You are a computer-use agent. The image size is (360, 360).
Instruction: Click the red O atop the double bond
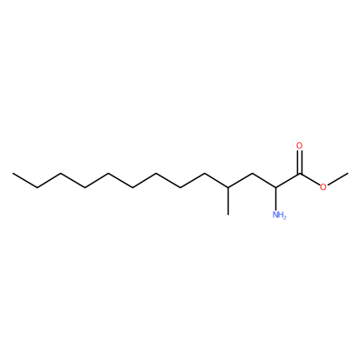[x=299, y=146]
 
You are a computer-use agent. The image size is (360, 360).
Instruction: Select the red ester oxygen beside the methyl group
[x=323, y=187]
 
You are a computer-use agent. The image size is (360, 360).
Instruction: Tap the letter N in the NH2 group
[x=275, y=215]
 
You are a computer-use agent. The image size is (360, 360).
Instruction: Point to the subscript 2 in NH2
[x=285, y=218]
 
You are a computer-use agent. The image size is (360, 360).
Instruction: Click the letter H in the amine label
[x=281, y=215]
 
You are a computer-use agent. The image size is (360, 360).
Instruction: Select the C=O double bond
[x=299, y=162]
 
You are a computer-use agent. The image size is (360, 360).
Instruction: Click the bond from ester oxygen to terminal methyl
[x=337, y=179]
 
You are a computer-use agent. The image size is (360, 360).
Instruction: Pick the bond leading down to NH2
[x=275, y=199]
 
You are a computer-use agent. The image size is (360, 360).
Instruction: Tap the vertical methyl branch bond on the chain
[x=228, y=202]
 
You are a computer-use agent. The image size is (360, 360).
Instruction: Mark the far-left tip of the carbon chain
[x=13, y=174]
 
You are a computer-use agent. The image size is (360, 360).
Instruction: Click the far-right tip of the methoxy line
[x=347, y=174]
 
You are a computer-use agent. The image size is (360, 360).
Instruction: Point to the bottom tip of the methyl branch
[x=228, y=215]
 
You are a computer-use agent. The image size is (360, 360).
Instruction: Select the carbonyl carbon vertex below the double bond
[x=299, y=174]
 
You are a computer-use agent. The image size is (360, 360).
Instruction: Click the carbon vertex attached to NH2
[x=275, y=187]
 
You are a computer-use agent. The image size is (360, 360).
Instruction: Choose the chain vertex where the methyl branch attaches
[x=228, y=187]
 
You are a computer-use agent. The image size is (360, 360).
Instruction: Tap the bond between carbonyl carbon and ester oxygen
[x=310, y=180]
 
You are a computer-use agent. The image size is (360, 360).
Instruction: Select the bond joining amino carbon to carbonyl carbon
[x=287, y=181]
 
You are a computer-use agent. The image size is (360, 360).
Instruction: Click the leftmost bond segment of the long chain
[x=24, y=181]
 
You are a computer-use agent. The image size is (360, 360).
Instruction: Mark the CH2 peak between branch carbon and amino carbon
[x=252, y=174]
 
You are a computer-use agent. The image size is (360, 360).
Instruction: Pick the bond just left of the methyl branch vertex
[x=216, y=181]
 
